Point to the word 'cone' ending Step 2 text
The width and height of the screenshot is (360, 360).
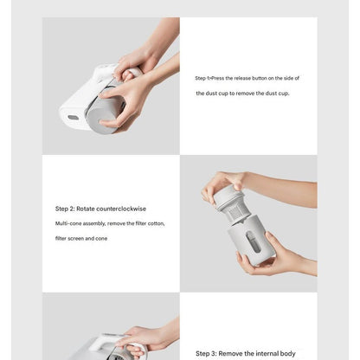101,237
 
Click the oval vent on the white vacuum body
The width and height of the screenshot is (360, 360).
73,118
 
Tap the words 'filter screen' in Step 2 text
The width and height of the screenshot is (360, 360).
71,237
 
